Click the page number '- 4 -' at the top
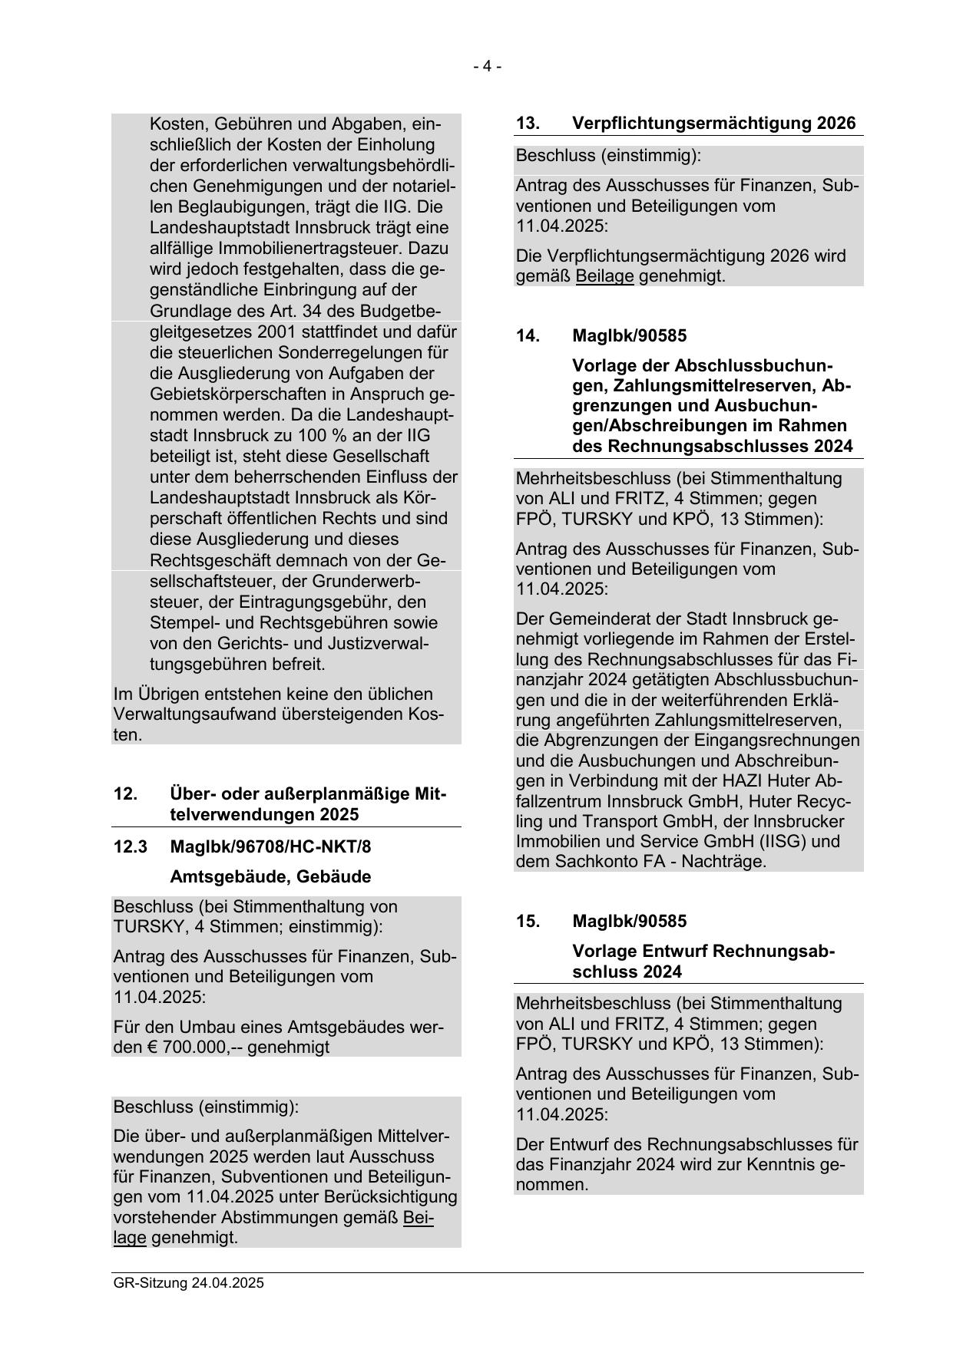click(x=487, y=67)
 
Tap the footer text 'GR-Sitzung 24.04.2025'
click(x=188, y=1283)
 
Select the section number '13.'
click(x=528, y=124)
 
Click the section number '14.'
click(x=528, y=336)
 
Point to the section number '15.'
click(x=528, y=921)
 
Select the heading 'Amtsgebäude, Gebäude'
click(x=270, y=877)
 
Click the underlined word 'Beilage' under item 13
click(x=604, y=276)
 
